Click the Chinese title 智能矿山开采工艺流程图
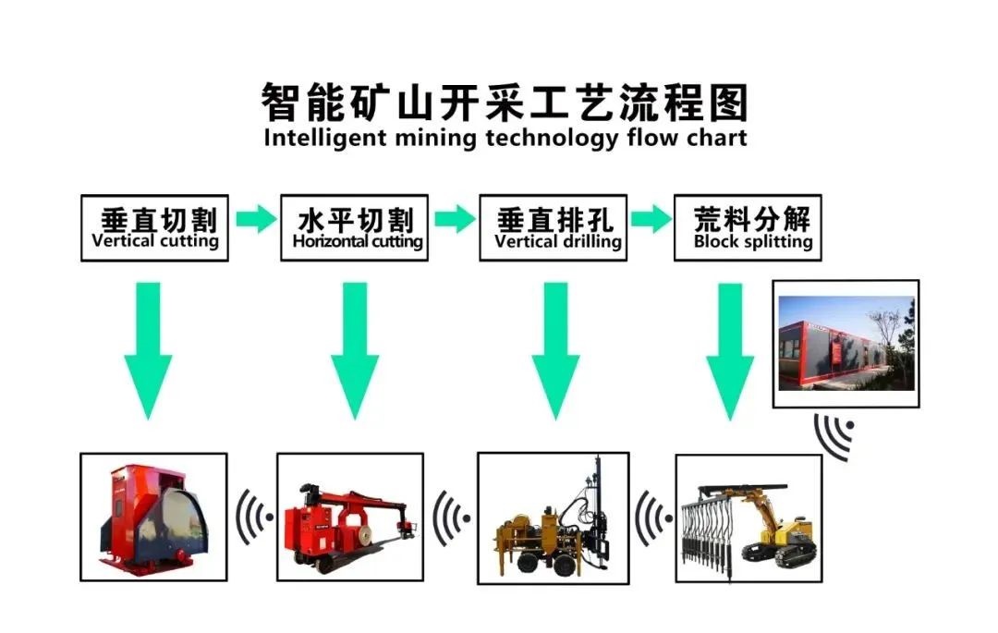coord(504,103)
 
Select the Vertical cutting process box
coord(154,227)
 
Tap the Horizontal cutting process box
coord(355,227)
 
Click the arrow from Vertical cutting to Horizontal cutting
coord(255,220)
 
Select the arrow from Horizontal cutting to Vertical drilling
coord(455,220)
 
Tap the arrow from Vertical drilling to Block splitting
coord(651,220)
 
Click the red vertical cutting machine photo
coord(153,517)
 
